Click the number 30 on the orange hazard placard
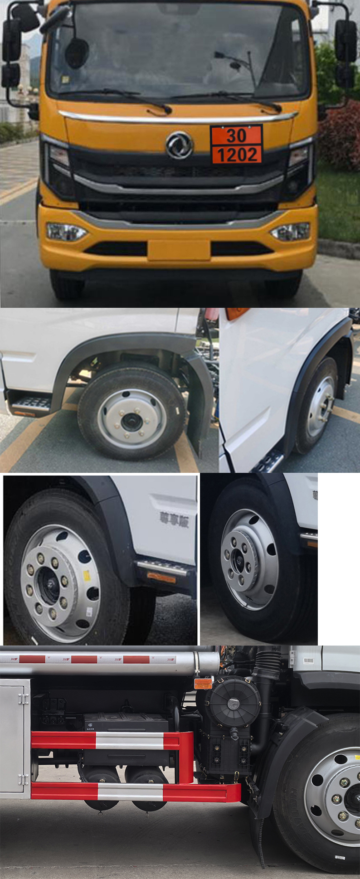coord(236,135)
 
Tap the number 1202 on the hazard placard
coord(237,155)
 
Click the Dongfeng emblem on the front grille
coord(179,145)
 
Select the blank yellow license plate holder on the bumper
coord(179,250)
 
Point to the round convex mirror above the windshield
coord(77,53)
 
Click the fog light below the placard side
coord(291,232)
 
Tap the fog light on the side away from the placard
coord(65,232)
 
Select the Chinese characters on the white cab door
coord(174,519)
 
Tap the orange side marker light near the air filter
coord(203,684)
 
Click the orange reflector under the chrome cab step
coord(161,578)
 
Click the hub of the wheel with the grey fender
coord(131,422)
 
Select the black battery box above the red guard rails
coord(126,723)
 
